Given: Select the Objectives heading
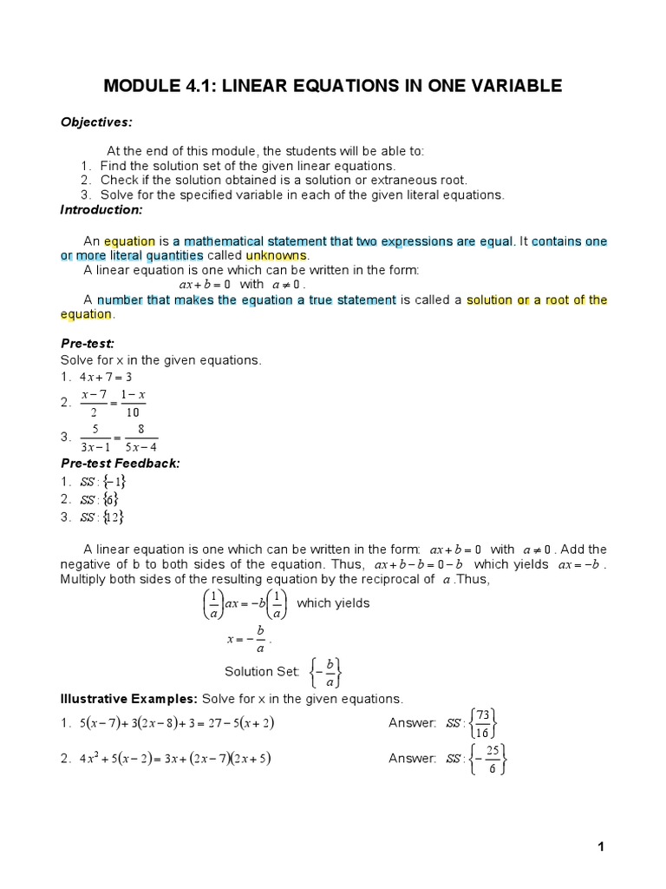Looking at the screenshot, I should (96, 122).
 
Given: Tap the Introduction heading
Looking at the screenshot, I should (101, 210).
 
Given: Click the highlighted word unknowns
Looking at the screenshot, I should (277, 255).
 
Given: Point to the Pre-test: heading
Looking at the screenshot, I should (88, 344).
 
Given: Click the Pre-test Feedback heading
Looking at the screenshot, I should (120, 463).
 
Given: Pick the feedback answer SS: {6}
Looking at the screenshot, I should (99, 498).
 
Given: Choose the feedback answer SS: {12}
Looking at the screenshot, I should (102, 517).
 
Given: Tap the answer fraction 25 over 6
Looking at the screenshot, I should (491, 759).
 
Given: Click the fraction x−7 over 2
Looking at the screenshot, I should (94, 403).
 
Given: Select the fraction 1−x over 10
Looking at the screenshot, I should (134, 403).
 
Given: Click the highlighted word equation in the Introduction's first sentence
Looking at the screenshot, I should (129, 240).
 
